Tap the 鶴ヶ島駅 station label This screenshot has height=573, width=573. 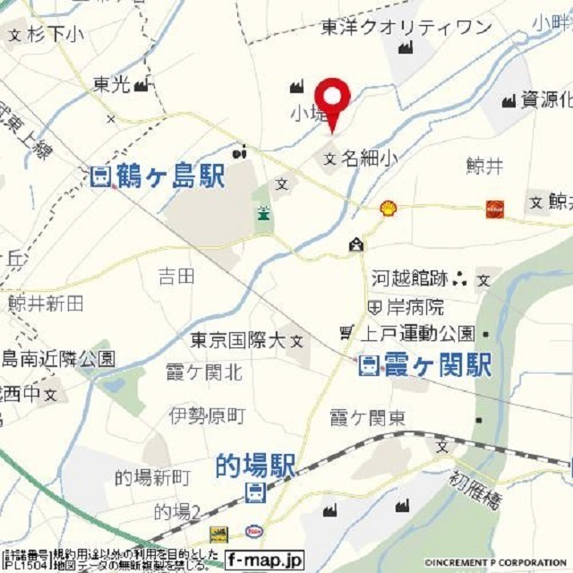point(158,176)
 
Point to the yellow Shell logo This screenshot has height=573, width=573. point(388,209)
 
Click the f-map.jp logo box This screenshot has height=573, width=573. point(264,560)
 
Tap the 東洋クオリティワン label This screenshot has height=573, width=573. point(406,28)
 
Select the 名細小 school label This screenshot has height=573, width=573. point(365,159)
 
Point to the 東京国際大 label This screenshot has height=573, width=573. point(237,341)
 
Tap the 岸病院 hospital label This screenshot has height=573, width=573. point(414,307)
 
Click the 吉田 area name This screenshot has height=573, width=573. point(175,277)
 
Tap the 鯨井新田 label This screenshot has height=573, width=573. point(46,304)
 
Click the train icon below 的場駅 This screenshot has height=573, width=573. point(255,491)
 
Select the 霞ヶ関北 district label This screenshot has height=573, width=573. point(204,372)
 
